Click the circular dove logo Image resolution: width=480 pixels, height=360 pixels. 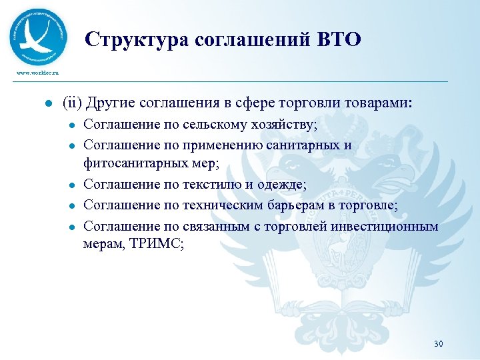39,36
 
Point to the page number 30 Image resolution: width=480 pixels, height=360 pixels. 438,344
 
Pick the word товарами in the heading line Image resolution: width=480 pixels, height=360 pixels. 378,104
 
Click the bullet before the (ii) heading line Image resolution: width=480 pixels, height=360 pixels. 41,105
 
